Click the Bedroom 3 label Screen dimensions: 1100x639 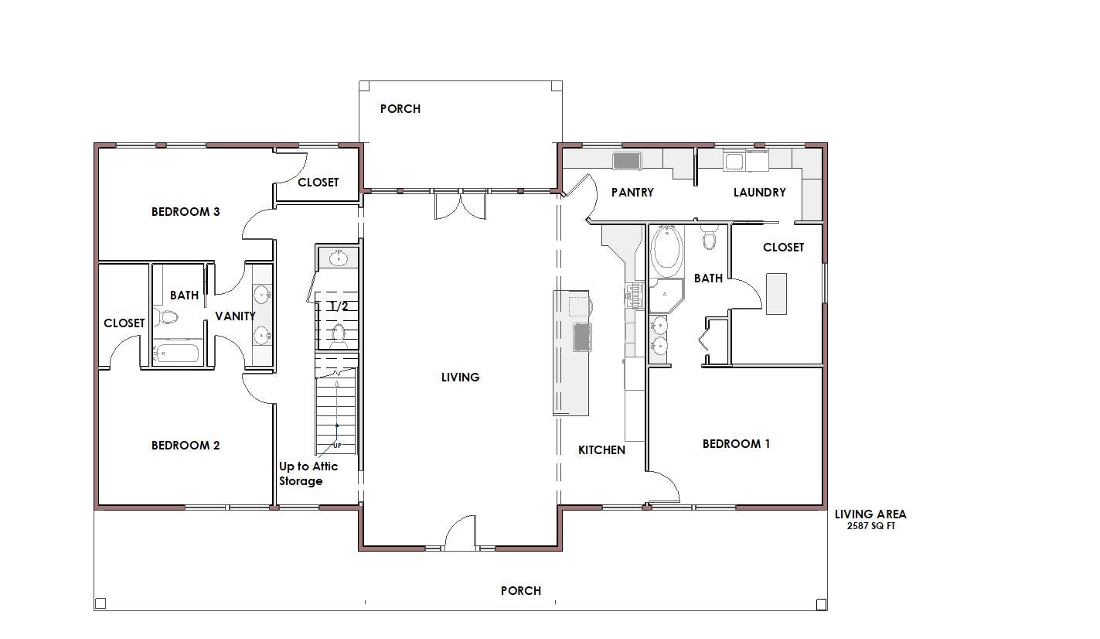click(x=185, y=212)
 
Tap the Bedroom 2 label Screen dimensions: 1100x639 click(x=185, y=446)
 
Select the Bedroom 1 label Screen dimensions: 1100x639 click(x=736, y=444)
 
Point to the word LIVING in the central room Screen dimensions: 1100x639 click(x=460, y=377)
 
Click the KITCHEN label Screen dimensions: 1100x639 click(x=601, y=449)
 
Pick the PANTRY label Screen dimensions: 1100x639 click(x=632, y=192)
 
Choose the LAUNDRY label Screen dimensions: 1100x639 click(x=760, y=192)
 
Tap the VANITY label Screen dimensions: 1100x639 click(x=235, y=316)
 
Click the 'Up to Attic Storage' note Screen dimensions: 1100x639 click(x=308, y=473)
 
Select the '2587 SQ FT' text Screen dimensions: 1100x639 click(x=871, y=526)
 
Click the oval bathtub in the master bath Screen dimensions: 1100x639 click(x=666, y=250)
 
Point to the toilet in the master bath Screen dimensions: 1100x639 click(x=709, y=238)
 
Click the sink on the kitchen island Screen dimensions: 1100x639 click(x=582, y=337)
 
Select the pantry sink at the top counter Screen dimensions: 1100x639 click(x=627, y=160)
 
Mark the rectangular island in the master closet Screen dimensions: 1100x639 click(x=776, y=294)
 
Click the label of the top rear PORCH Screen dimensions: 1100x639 click(x=400, y=108)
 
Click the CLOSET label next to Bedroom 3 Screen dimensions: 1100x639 click(x=318, y=183)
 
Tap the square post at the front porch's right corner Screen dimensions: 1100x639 click(x=821, y=604)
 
